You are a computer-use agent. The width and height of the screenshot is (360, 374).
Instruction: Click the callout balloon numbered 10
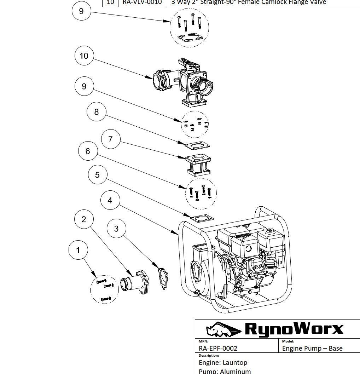[x=84, y=56]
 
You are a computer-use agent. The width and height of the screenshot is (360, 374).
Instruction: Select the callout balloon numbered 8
[x=96, y=112]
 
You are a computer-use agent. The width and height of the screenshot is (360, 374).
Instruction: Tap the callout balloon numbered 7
[x=111, y=139]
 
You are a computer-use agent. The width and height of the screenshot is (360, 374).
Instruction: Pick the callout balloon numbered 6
[x=88, y=151]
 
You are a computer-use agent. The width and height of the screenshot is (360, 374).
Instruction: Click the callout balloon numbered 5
[x=98, y=175]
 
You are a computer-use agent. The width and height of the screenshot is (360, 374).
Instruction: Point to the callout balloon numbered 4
[x=110, y=201]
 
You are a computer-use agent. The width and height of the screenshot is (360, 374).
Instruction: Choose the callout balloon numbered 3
[x=116, y=229]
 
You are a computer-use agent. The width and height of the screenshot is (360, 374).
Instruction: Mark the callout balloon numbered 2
[x=84, y=219]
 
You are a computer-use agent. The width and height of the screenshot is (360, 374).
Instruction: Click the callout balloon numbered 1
[x=78, y=251]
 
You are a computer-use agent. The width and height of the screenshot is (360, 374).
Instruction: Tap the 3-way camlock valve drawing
[x=184, y=81]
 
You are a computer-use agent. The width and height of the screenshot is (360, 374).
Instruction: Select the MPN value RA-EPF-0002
[x=218, y=348]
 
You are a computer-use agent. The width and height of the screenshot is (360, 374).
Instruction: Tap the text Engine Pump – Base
[x=312, y=348]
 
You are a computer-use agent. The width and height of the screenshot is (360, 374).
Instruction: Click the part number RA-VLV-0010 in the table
[x=142, y=2]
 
